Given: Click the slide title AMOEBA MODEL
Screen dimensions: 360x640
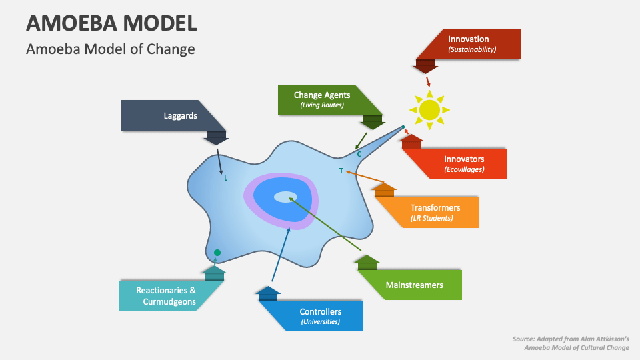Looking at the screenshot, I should pos(111,23).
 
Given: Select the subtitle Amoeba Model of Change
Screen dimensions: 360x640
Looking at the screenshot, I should pos(110,49).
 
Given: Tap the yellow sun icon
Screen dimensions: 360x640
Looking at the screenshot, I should pos(429,109).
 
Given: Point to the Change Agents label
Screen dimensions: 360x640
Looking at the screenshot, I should pos(322,99).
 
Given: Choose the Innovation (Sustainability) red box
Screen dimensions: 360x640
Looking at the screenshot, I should pos(468,44).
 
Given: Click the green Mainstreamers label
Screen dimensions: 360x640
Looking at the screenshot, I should pos(414,285).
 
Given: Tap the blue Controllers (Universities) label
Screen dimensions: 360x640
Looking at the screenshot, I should pos(320,316).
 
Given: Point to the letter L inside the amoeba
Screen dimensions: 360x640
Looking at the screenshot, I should pos(226,178).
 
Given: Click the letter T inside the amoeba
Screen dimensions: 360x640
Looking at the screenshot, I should pos(341,171).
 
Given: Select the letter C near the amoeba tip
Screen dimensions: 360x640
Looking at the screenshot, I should pos(359,155).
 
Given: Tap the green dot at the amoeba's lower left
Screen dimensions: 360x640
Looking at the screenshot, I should pos(217,253).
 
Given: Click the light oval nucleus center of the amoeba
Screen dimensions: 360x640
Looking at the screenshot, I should pos(286,196).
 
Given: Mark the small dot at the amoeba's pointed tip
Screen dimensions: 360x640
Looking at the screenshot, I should pos(403,127).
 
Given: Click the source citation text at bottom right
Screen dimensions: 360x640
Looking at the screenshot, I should pos(571,343).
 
